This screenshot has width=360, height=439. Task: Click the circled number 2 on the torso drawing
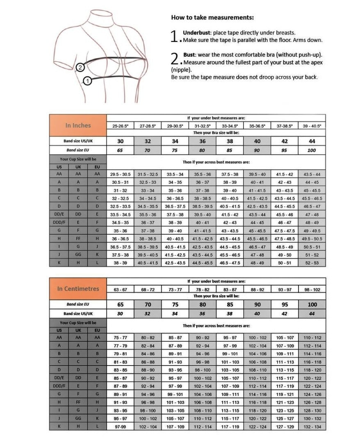(80, 67)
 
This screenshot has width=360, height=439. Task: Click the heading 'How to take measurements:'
(212, 17)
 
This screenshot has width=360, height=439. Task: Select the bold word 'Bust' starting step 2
(189, 55)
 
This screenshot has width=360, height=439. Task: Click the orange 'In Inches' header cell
(78, 125)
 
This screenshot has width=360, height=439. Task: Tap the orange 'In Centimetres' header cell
(78, 288)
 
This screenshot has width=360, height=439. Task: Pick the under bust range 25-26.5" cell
(120, 126)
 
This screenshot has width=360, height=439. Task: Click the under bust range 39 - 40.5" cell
(312, 126)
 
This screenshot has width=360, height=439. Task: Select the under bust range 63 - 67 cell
(120, 289)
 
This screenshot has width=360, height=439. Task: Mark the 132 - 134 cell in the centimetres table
(312, 427)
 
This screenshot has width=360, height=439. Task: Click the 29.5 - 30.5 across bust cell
(120, 174)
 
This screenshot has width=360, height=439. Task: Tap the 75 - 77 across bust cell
(120, 338)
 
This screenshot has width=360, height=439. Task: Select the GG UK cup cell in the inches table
(78, 254)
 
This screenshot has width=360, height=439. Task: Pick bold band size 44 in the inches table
(312, 141)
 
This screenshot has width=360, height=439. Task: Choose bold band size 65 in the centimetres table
(120, 304)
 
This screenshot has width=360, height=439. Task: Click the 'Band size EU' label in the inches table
(78, 150)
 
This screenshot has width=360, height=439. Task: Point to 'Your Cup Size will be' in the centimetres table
(78, 322)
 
